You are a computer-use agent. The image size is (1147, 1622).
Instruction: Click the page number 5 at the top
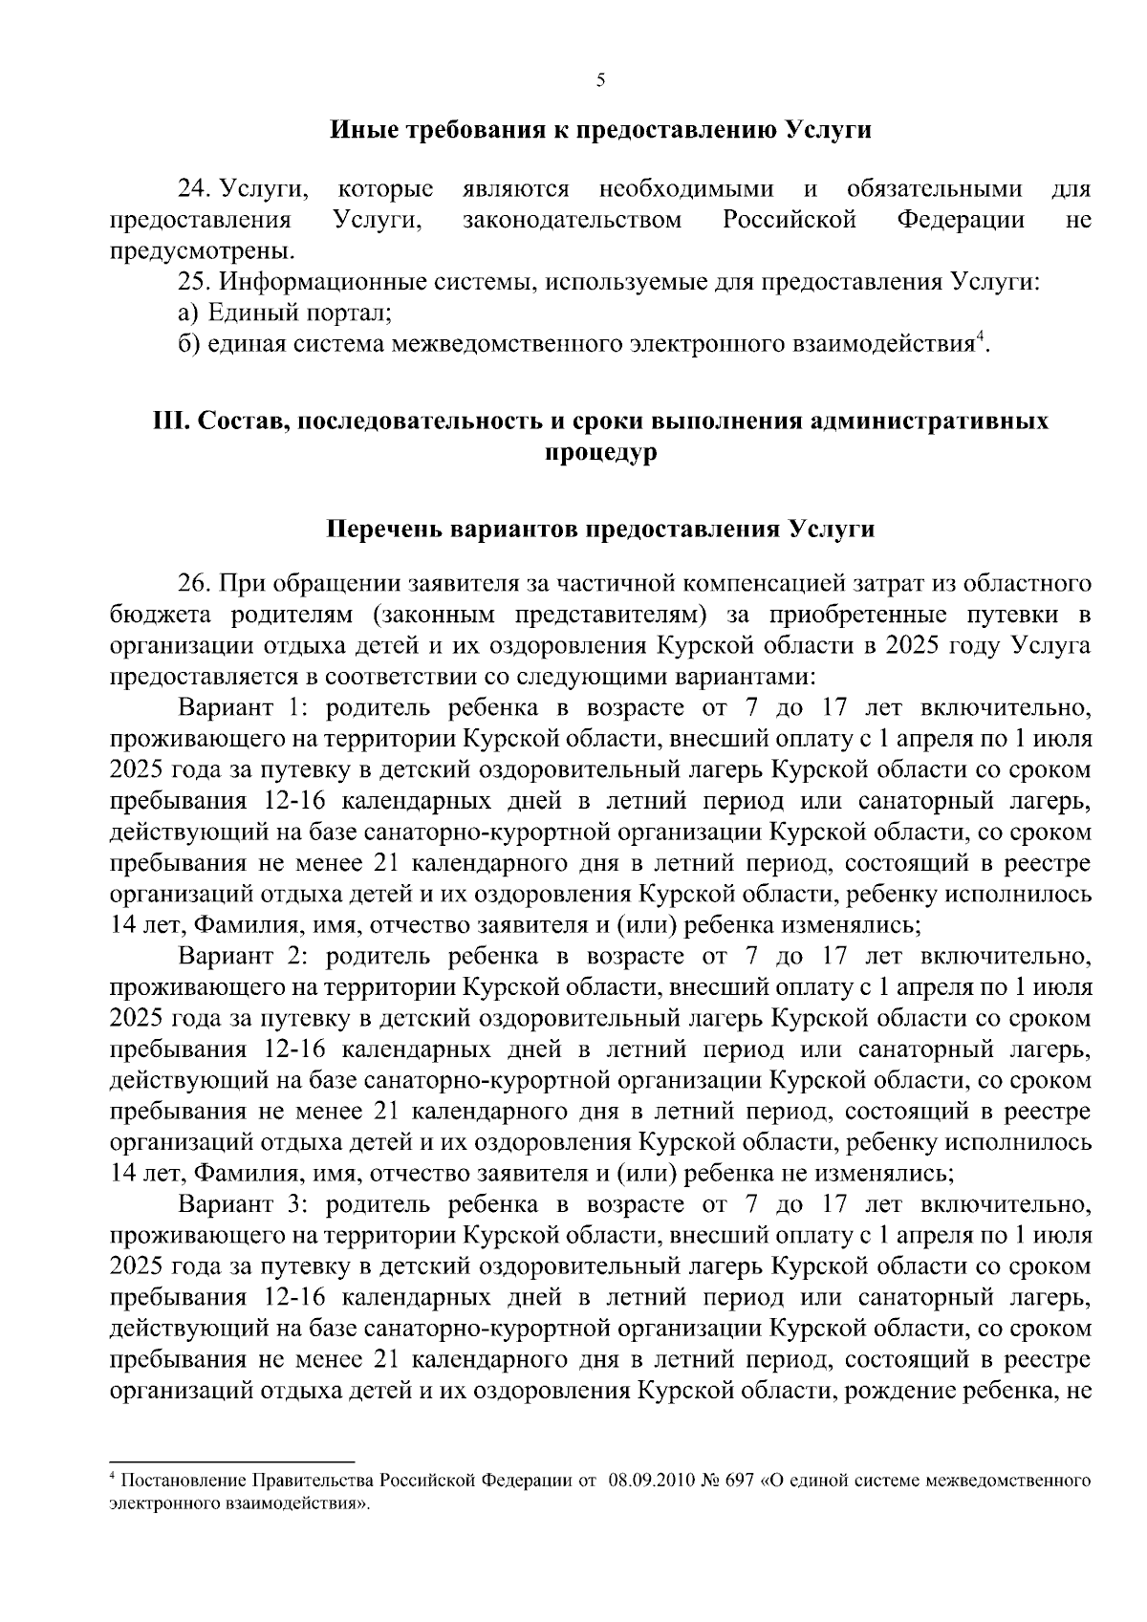coord(600,81)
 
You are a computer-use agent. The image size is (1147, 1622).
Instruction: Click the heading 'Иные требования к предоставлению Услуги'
coord(600,130)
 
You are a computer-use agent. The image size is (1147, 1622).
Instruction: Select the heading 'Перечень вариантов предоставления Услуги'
coord(600,530)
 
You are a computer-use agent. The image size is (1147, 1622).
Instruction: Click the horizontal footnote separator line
coord(232,1461)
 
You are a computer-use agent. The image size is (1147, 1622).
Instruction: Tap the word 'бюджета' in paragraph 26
coord(150,614)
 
